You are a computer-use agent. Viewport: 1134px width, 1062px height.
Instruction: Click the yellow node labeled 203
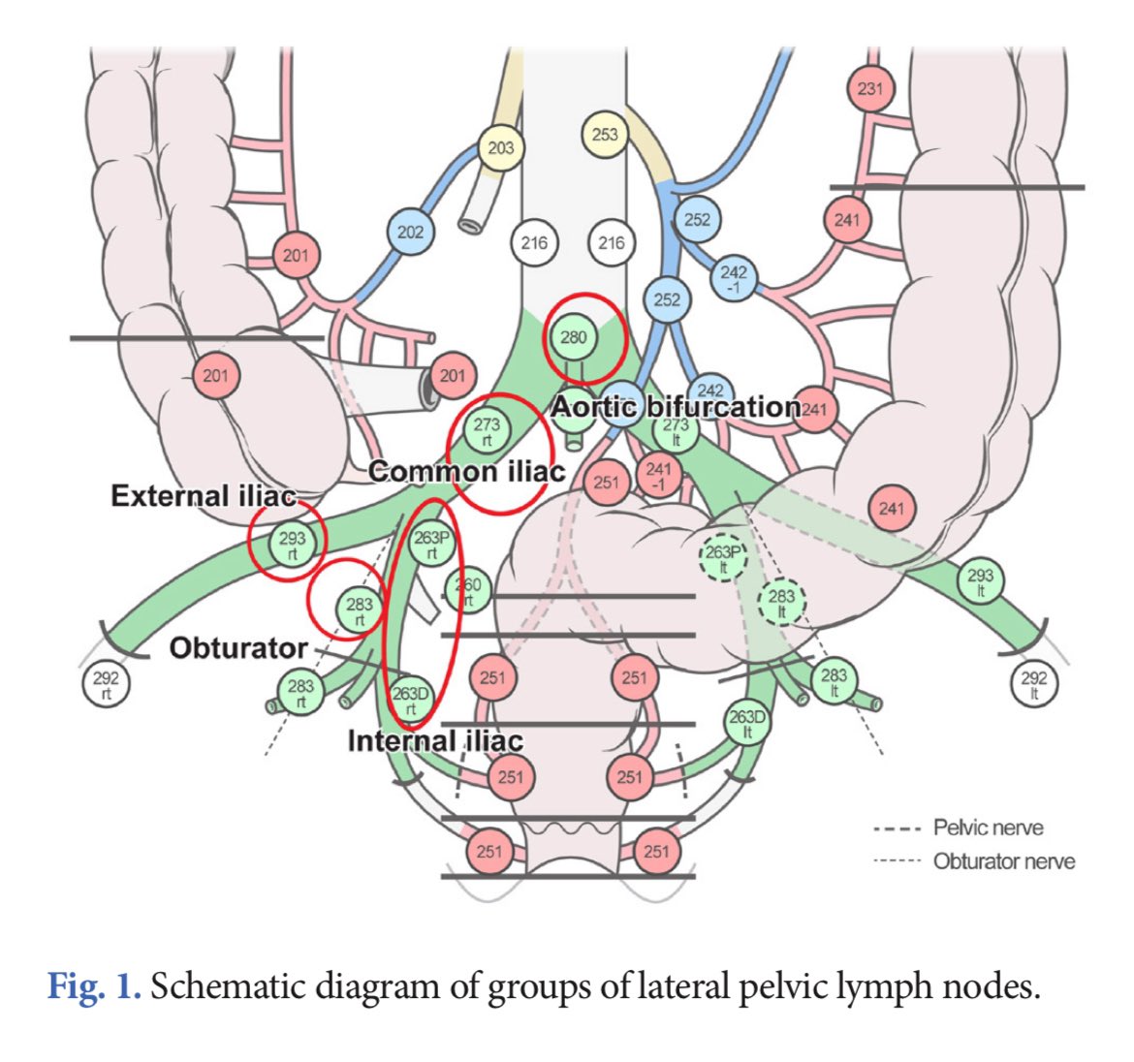pos(500,148)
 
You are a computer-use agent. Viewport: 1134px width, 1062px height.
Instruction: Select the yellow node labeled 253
pos(604,135)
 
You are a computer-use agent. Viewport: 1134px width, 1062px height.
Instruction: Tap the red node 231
pos(870,90)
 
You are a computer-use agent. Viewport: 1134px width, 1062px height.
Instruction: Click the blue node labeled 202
pos(410,233)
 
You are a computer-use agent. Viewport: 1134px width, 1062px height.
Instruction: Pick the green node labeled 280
pos(574,337)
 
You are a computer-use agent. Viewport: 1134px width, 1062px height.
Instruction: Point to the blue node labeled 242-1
pos(734,279)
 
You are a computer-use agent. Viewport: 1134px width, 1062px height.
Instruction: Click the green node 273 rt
pos(487,431)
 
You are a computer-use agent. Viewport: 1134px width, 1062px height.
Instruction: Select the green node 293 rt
pos(292,544)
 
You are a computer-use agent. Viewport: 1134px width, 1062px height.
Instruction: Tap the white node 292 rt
pos(105,685)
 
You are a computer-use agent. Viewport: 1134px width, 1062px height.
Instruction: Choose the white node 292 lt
pos(1034,685)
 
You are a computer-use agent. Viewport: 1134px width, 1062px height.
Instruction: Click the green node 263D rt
pos(410,700)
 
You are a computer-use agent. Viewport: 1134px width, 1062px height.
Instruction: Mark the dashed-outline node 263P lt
pos(723,558)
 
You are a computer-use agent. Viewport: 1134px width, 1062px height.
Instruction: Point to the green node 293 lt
pos(981,582)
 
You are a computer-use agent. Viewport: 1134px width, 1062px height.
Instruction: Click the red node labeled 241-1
pos(659,476)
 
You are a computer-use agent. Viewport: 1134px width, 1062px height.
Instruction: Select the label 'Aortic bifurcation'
pos(676,406)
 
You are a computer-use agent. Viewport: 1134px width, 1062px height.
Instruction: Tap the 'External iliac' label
pos(203,496)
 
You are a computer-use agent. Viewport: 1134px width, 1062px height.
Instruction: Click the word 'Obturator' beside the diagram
pos(238,647)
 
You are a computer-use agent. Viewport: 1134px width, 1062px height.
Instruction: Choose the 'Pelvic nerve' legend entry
pos(988,828)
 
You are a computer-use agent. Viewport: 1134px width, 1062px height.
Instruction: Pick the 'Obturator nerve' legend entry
pos(1003,860)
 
